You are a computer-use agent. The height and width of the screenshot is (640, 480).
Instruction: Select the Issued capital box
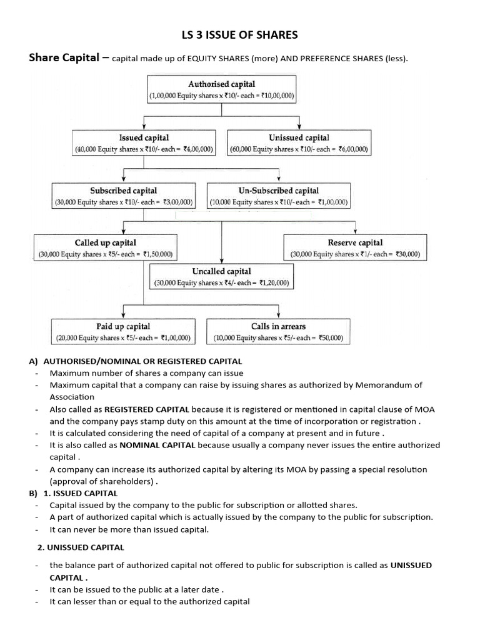(144, 143)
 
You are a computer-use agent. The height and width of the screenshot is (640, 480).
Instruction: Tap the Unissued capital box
(299, 143)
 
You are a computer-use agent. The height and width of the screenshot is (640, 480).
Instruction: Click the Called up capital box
(105, 248)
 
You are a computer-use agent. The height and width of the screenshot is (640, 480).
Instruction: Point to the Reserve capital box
(355, 248)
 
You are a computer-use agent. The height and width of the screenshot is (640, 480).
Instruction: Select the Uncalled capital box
(221, 277)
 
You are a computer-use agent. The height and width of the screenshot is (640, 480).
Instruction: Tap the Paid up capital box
(122, 332)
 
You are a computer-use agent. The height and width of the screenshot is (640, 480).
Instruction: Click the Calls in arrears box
(278, 332)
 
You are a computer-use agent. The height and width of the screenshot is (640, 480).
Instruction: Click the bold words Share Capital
(64, 58)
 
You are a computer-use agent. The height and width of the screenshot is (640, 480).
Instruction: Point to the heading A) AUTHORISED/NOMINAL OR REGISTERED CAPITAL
(135, 361)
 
